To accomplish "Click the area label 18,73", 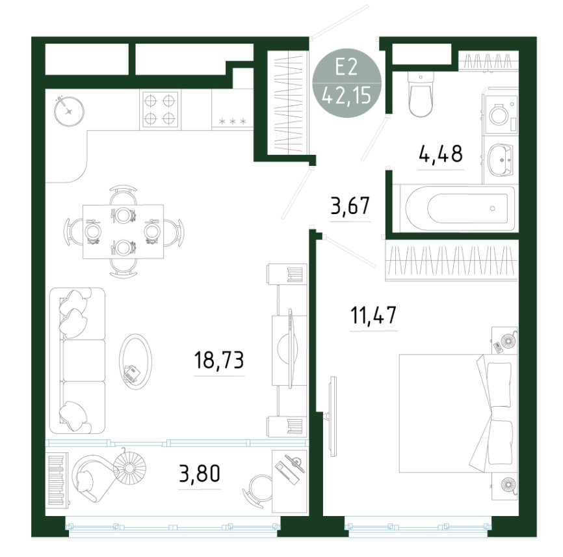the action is click(x=218, y=360).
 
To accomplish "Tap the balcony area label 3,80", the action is click(x=200, y=473).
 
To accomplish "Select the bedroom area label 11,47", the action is click(x=373, y=315).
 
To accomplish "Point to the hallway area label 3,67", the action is click(x=350, y=206).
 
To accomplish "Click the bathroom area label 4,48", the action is click(x=441, y=154).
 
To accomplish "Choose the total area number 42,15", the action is click(x=347, y=96).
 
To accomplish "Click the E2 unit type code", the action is click(x=347, y=67).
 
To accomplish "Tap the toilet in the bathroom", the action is click(x=421, y=94).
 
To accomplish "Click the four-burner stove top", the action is click(x=161, y=109).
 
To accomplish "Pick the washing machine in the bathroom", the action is click(x=501, y=114).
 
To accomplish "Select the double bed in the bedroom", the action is click(x=458, y=413).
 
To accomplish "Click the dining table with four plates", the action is click(x=123, y=232).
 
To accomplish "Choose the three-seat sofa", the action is click(x=77, y=360).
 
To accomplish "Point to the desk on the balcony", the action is click(x=289, y=481).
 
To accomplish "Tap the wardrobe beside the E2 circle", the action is click(x=288, y=102).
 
